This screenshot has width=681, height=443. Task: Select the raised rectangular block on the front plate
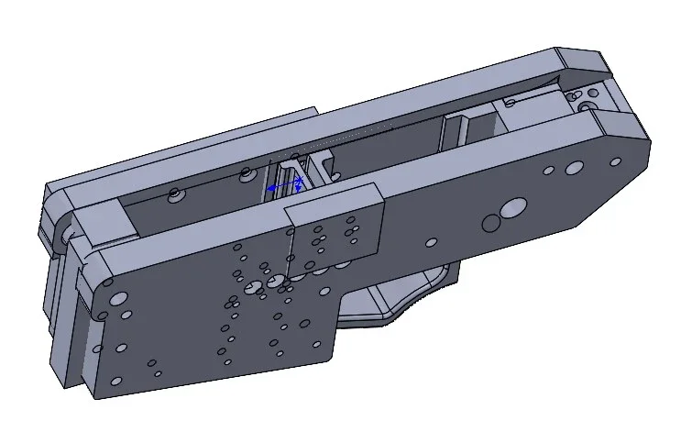point(335,225)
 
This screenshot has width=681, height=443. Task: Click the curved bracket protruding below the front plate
point(394,303)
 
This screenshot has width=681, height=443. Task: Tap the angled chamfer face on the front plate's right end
point(622,123)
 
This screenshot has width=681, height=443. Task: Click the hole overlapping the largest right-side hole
point(491,223)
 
